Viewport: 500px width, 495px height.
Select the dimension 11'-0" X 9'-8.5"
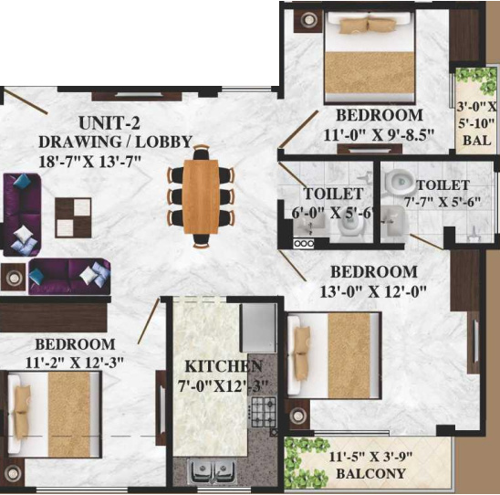379,134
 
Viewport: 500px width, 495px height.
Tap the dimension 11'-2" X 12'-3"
75,362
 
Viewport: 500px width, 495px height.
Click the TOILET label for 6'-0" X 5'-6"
333,194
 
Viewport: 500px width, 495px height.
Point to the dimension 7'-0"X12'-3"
212,384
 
